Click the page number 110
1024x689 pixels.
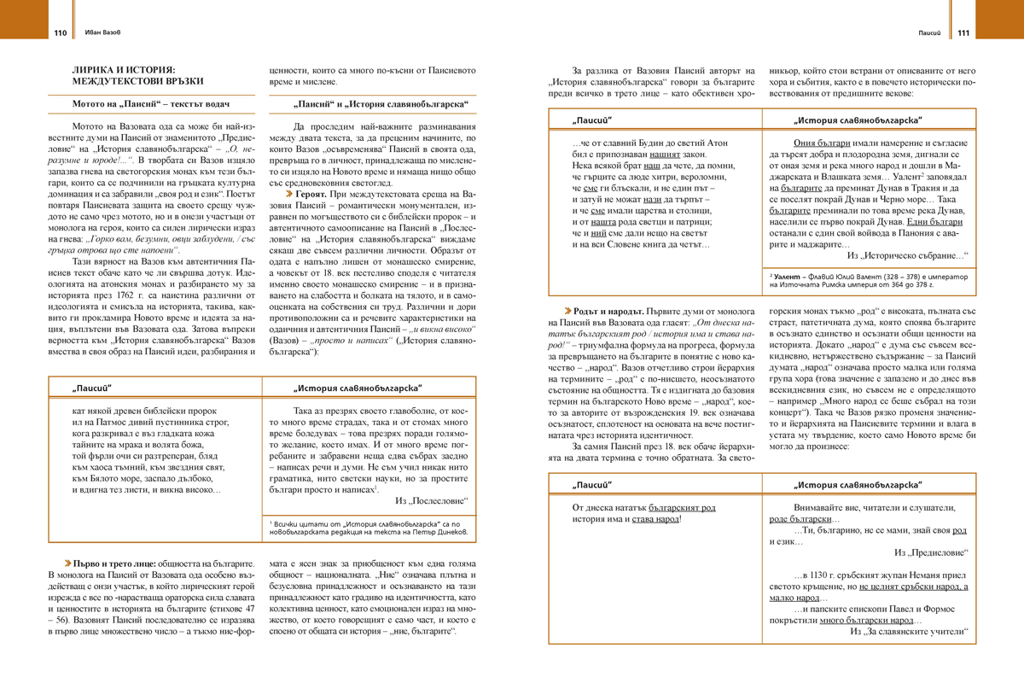60,33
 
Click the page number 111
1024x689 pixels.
963,33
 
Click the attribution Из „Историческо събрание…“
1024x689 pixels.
904,254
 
